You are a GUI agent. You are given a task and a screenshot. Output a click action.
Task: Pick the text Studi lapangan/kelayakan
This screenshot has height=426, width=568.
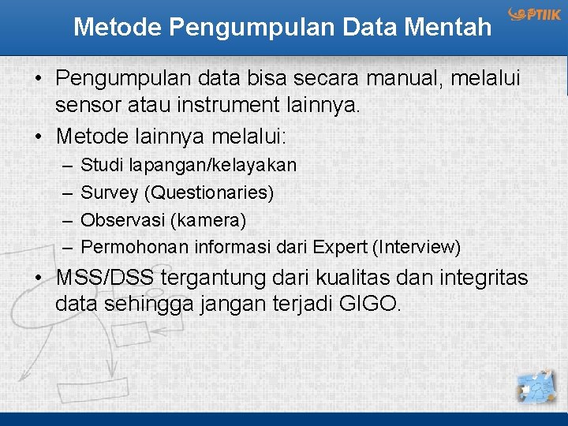click(x=189, y=165)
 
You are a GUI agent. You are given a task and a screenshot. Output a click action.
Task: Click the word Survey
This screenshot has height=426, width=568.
click(x=109, y=192)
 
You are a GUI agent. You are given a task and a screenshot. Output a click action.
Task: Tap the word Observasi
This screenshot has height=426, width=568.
click(x=119, y=219)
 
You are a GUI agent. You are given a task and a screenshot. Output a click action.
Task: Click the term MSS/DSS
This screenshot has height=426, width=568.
click(x=106, y=278)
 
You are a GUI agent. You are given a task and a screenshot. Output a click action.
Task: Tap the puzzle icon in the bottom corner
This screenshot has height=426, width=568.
click(x=537, y=387)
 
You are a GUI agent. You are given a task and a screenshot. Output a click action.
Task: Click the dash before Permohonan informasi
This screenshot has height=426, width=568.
click(x=67, y=247)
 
